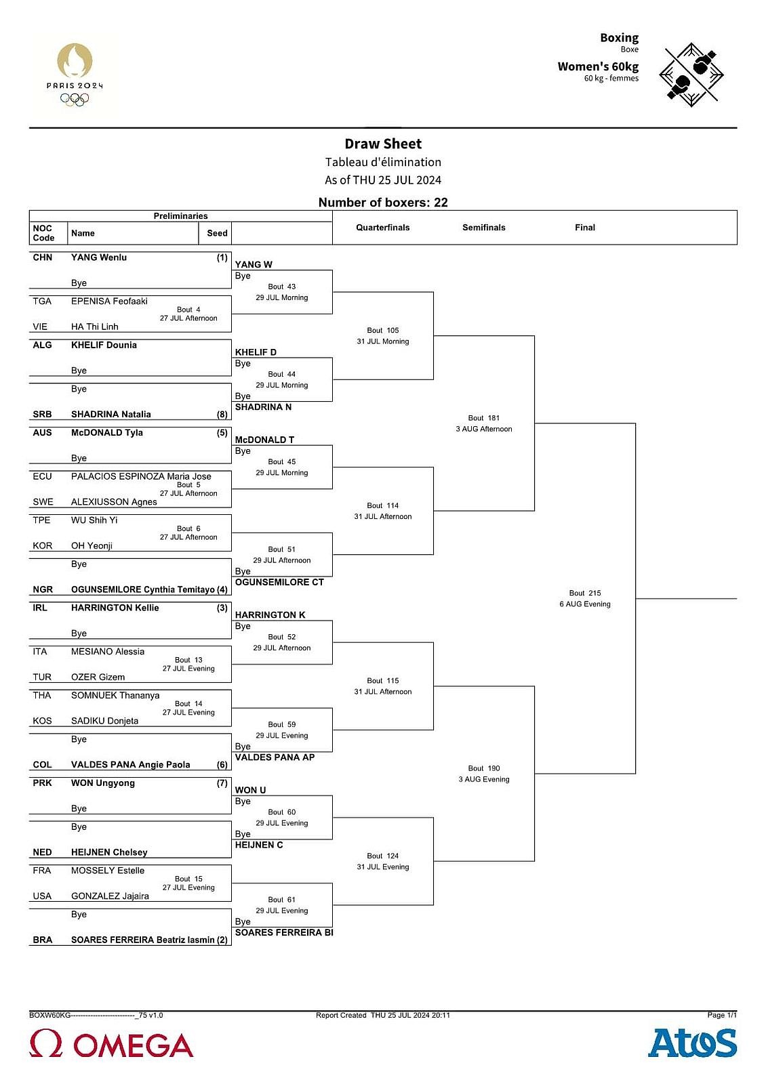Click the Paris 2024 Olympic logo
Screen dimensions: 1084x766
[75, 75]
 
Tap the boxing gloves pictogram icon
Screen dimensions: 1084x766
[691, 75]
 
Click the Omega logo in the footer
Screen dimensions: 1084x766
[111, 1044]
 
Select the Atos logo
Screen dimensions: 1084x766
[692, 1043]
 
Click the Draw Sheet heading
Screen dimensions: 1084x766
[383, 144]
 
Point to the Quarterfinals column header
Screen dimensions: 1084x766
[383, 228]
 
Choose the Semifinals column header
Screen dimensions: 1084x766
[484, 228]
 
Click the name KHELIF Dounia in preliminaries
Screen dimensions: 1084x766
[104, 346]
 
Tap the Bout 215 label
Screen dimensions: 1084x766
[585, 593]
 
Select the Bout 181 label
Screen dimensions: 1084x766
[484, 418]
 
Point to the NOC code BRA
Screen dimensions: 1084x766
[43, 940]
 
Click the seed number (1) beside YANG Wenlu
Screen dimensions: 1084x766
[222, 258]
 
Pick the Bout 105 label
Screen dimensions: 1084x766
[383, 331]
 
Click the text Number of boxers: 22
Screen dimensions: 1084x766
[383, 203]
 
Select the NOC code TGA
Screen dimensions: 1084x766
[42, 301]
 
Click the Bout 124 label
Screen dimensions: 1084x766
[383, 856]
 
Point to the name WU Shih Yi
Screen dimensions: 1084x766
[94, 520]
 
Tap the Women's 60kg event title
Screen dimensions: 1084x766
[598, 66]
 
